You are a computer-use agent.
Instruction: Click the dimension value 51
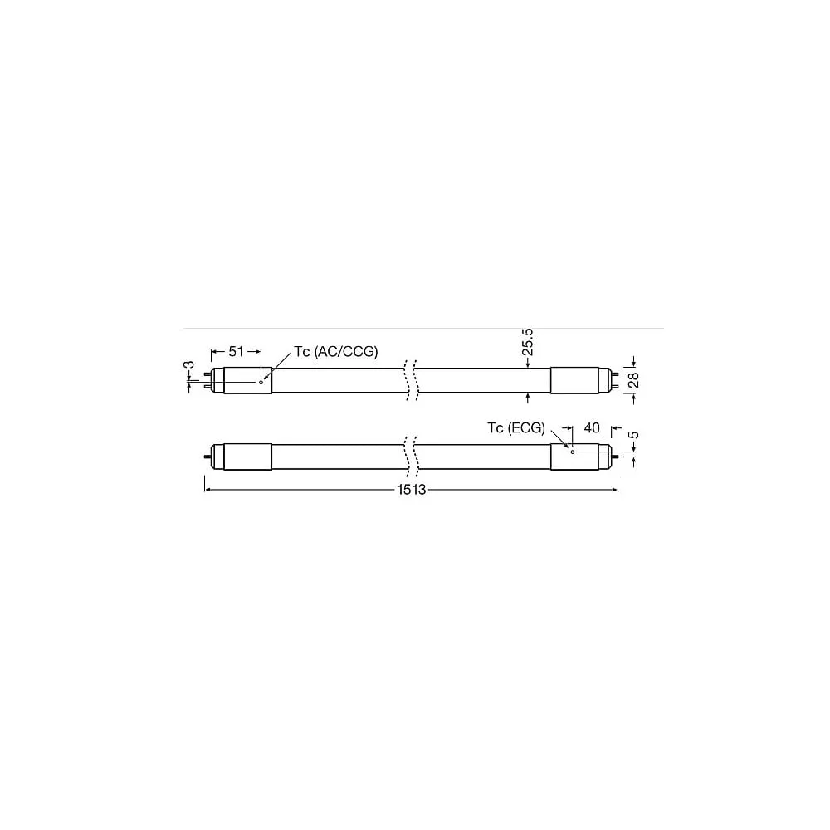point(236,351)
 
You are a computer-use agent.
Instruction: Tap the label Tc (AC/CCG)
point(336,351)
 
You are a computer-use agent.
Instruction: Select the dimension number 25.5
point(527,342)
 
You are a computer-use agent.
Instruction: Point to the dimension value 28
point(633,380)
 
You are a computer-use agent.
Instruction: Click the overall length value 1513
point(412,490)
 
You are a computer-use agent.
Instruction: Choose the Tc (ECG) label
point(516,427)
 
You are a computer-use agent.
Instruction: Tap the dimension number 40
point(591,427)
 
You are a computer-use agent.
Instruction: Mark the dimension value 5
point(633,435)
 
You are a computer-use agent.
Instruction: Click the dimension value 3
point(189,364)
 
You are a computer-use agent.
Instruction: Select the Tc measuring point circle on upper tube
point(261,382)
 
